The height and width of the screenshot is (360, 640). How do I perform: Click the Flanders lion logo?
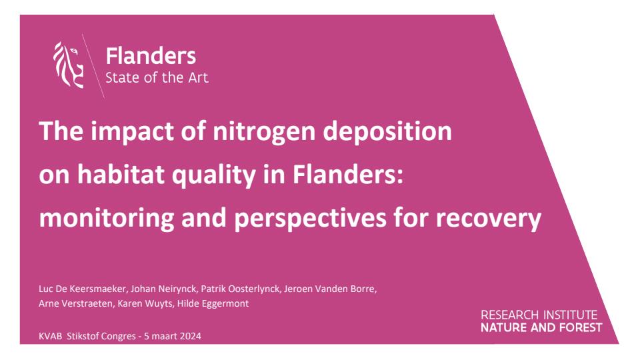[x=69, y=65]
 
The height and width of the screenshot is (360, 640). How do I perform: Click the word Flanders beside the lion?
[x=151, y=56]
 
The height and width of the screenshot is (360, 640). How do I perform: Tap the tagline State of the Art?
[x=157, y=77]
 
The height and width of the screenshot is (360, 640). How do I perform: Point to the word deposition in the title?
[x=387, y=131]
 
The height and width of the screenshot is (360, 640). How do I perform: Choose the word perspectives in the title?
[x=310, y=218]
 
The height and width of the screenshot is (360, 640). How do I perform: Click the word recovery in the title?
[x=488, y=219]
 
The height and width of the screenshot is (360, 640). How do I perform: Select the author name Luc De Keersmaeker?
[x=83, y=289]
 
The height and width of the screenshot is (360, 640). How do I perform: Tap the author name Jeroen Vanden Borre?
[x=330, y=289]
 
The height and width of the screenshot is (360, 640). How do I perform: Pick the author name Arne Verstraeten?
[x=77, y=304]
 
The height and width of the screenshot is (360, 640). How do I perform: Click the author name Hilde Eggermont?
[x=213, y=304]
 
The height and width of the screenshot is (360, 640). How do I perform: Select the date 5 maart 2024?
[x=173, y=336]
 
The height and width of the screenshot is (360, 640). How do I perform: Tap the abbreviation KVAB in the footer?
[x=51, y=336]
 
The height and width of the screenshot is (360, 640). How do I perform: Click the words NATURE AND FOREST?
[x=541, y=327]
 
